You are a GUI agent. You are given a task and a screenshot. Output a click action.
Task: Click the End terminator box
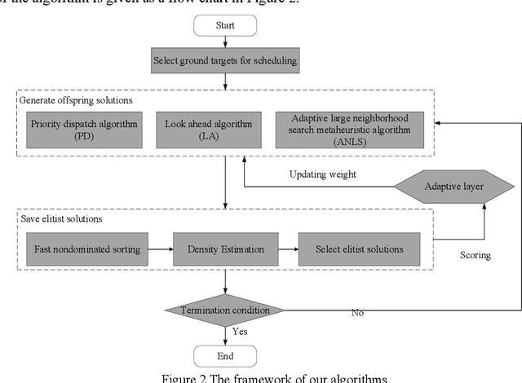(x=224, y=355)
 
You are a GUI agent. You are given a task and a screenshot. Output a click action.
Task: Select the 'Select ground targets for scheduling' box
(x=224, y=59)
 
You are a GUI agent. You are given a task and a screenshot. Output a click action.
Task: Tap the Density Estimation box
(x=224, y=249)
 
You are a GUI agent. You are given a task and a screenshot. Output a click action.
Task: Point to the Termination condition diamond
(x=224, y=310)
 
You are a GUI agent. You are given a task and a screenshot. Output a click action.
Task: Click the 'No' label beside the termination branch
(x=357, y=312)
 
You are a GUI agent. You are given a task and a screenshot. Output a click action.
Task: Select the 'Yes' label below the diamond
(x=239, y=332)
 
